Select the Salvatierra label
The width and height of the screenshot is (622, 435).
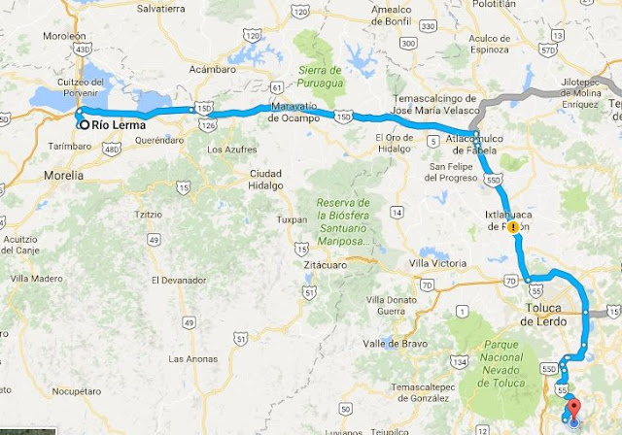point(160,8)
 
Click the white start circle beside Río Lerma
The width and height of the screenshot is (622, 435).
point(84,125)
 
